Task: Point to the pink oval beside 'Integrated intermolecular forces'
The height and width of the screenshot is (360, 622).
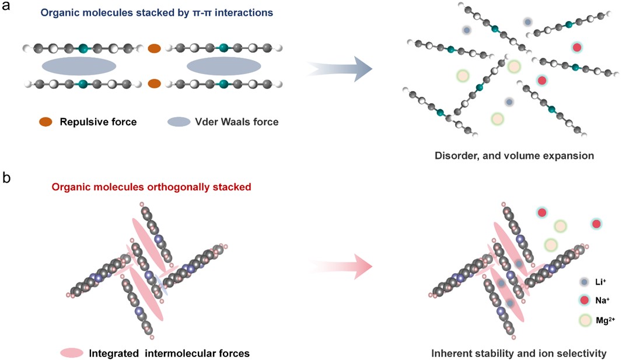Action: click(72, 352)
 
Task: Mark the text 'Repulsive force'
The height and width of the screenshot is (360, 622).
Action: click(98, 122)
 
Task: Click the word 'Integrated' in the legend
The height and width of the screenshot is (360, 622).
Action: click(113, 352)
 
